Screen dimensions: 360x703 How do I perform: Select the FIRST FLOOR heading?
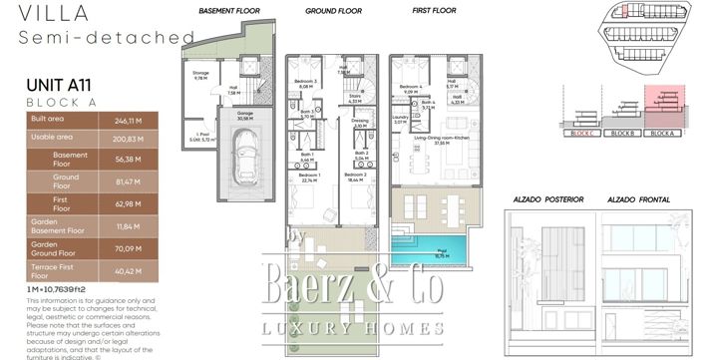(x=435, y=12)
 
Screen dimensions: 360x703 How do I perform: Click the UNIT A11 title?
(x=62, y=86)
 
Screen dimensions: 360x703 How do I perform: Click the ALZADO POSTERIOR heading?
(x=538, y=200)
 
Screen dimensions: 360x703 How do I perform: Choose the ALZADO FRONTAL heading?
(x=635, y=200)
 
